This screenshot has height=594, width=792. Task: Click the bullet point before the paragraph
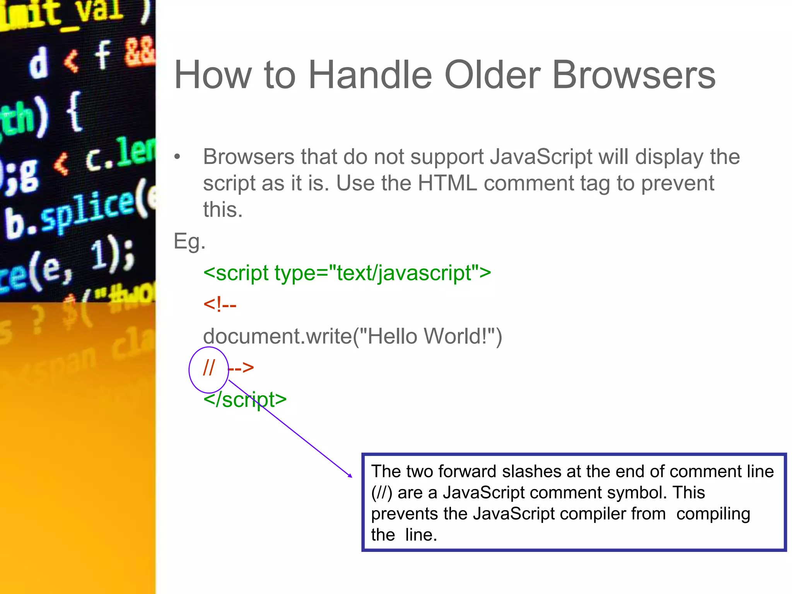click(x=177, y=157)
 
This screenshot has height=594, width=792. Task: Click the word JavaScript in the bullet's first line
click(x=541, y=157)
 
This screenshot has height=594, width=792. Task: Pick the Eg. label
click(x=189, y=241)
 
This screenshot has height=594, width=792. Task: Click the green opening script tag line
click(x=347, y=273)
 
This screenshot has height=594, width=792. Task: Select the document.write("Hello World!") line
click(x=352, y=336)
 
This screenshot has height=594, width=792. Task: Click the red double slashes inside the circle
click(x=209, y=368)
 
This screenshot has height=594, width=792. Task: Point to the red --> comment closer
click(x=241, y=368)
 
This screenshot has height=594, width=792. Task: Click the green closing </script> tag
click(x=245, y=399)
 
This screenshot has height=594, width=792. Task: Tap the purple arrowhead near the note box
click(x=350, y=476)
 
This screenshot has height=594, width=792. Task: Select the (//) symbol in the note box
click(x=382, y=493)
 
